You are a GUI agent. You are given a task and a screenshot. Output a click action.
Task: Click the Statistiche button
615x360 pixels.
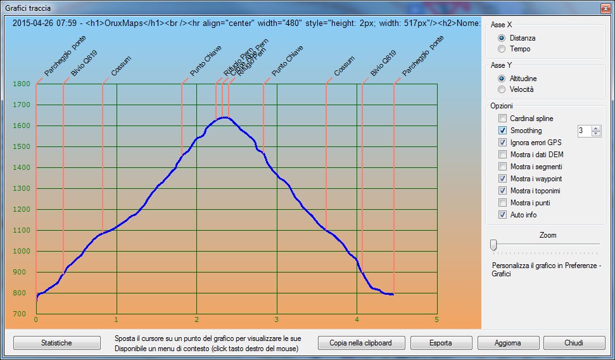coord(56,343)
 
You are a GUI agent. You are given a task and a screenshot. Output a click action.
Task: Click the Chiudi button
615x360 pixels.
coord(573,343)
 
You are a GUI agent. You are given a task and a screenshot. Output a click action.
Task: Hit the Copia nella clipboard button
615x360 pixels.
coord(360,343)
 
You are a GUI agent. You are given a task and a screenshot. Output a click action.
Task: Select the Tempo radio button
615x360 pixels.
coord(502,49)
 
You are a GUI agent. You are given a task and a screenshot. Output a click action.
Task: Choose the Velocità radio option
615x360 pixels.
coord(502,89)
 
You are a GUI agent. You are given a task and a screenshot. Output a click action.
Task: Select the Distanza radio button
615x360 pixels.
coord(502,38)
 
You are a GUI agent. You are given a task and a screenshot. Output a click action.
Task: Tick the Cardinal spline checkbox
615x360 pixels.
coord(503,119)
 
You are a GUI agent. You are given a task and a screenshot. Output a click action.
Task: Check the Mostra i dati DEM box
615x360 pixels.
coord(503,155)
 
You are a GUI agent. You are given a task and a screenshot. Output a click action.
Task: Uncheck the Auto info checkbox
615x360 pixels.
coord(503,215)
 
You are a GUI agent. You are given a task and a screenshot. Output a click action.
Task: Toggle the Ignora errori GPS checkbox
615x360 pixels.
coord(503,143)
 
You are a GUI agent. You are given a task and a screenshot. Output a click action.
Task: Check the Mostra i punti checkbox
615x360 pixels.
coord(503,203)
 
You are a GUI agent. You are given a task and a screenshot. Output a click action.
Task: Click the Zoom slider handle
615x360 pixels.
coord(493,245)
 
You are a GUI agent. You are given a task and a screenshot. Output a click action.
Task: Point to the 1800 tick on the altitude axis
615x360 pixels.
coord(21,84)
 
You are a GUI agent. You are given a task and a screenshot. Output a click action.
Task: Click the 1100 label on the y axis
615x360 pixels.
coord(21,231)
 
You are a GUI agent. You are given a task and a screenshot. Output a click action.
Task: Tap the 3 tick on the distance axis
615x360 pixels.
coord(277,319)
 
